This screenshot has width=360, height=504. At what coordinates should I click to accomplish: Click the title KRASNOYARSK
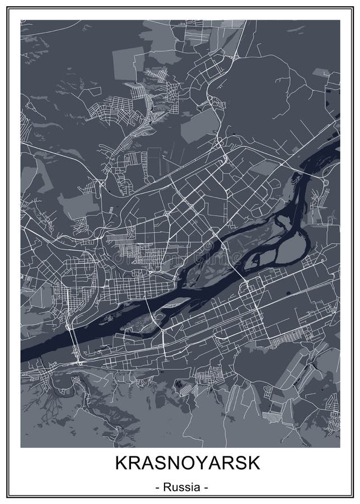coord(180,464)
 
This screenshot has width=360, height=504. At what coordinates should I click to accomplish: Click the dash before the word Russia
coord(157,488)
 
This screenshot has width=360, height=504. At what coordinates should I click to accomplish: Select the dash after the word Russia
coord(205,488)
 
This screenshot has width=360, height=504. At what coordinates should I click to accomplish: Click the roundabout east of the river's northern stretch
coord(326,182)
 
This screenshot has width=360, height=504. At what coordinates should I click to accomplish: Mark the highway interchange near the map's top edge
coord(234,57)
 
